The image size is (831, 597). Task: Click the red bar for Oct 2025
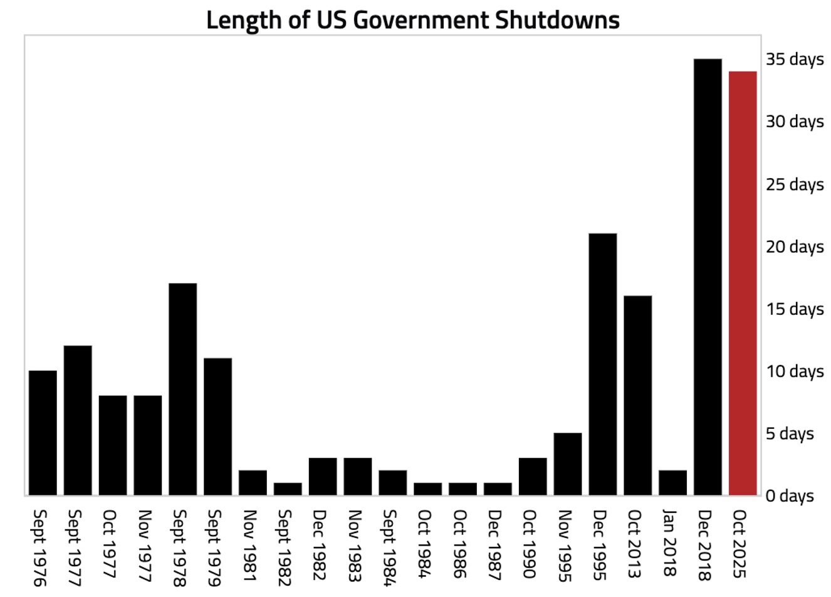point(743,283)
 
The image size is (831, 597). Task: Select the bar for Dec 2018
point(708,277)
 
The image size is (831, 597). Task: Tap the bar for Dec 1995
point(603,364)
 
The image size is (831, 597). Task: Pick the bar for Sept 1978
point(183,389)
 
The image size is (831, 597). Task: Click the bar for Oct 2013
point(638,396)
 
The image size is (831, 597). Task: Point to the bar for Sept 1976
point(43,433)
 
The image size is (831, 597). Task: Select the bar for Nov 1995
point(568,464)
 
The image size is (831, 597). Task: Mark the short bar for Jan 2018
point(673,483)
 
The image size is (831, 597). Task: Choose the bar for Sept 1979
point(218,427)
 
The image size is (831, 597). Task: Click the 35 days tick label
point(795,60)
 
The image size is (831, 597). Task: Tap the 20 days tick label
point(795,246)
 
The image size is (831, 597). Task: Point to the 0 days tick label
point(790,496)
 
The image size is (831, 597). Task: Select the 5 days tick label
point(790,433)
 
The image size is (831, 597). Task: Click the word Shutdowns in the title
point(557,20)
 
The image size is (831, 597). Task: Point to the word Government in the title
point(421,20)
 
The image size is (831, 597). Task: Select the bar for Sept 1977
point(78,421)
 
